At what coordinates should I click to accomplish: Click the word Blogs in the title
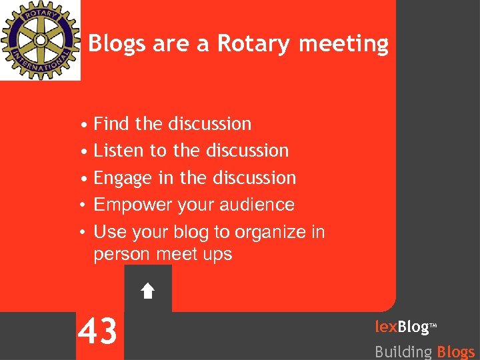[x=117, y=44]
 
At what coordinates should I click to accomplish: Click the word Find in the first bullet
[x=111, y=124]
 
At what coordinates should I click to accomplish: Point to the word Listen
[x=119, y=151]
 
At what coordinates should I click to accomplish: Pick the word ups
[x=217, y=255]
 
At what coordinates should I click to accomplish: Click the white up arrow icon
[x=148, y=291]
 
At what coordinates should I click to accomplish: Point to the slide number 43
[x=98, y=331]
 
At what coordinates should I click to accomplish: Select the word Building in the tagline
[x=403, y=351]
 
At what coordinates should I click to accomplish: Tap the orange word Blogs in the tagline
[x=456, y=351]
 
